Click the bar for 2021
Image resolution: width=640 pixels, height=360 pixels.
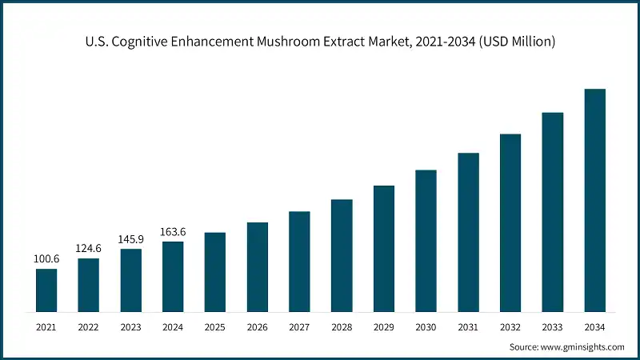coord(46,290)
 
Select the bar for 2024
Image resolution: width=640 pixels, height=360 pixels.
coord(173,276)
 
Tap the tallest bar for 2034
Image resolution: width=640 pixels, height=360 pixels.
coord(594,200)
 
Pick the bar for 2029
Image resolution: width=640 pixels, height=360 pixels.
coord(384,248)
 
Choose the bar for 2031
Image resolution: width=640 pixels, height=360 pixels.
coord(468,232)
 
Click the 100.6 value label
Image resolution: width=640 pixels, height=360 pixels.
coord(46,259)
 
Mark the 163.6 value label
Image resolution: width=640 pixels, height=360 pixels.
coord(173,232)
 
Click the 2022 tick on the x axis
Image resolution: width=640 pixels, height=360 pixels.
coord(89,327)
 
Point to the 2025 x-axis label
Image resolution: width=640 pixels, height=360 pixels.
coord(215,327)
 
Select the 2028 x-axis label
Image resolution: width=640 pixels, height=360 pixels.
coord(342,327)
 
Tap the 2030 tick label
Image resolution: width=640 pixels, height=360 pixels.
coord(426,327)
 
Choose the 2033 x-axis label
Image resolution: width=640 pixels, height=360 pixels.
coord(552,327)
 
